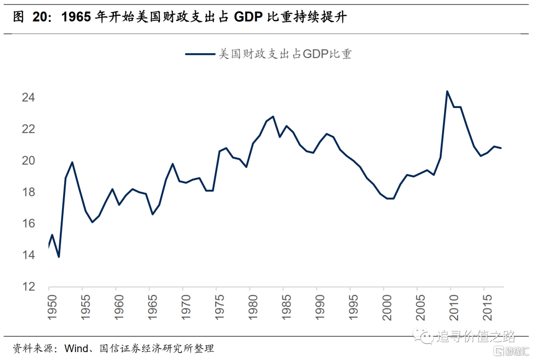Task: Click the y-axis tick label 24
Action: [28, 98]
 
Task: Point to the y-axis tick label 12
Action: [28, 287]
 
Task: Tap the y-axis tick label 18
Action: [28, 192]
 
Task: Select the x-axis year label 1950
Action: [49, 306]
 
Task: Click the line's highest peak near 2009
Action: [447, 91]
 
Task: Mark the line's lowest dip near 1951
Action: [59, 257]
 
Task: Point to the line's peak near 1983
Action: [273, 116]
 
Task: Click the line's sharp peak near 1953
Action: [72, 162]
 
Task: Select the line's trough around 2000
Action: [390, 199]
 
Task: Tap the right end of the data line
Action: [501, 148]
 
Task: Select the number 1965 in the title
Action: [77, 18]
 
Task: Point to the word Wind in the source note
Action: [77, 349]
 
